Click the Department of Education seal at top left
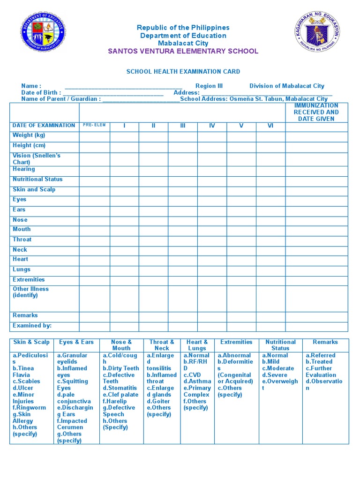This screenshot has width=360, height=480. coord(43,33)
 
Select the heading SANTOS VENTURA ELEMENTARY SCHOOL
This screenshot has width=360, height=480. coord(183,51)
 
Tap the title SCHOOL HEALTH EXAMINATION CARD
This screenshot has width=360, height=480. coord(183,72)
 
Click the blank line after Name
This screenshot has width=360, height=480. coord(123,86)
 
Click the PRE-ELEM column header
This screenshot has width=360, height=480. coord(94,125)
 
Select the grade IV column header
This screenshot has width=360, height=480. coord(212,126)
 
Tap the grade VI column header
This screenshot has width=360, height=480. coord(270,126)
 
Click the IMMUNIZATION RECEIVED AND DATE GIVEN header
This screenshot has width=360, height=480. coord(316,112)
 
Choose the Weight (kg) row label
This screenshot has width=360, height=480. coord(29,135)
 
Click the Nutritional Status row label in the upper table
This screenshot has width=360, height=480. coord(37,180)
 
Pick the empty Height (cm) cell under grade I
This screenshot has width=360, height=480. coord(124,147)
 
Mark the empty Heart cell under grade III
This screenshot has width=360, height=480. coord(182,261)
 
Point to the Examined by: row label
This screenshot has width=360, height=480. coord(32,326)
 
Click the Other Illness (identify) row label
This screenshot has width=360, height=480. coord(30,292)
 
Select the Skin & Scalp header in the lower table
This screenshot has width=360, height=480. coord(32,342)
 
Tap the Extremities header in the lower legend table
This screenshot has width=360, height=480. coord(236,342)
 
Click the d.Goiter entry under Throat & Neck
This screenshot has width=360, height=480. coord(158,401)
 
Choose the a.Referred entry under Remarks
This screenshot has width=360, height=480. coord(320,356)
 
